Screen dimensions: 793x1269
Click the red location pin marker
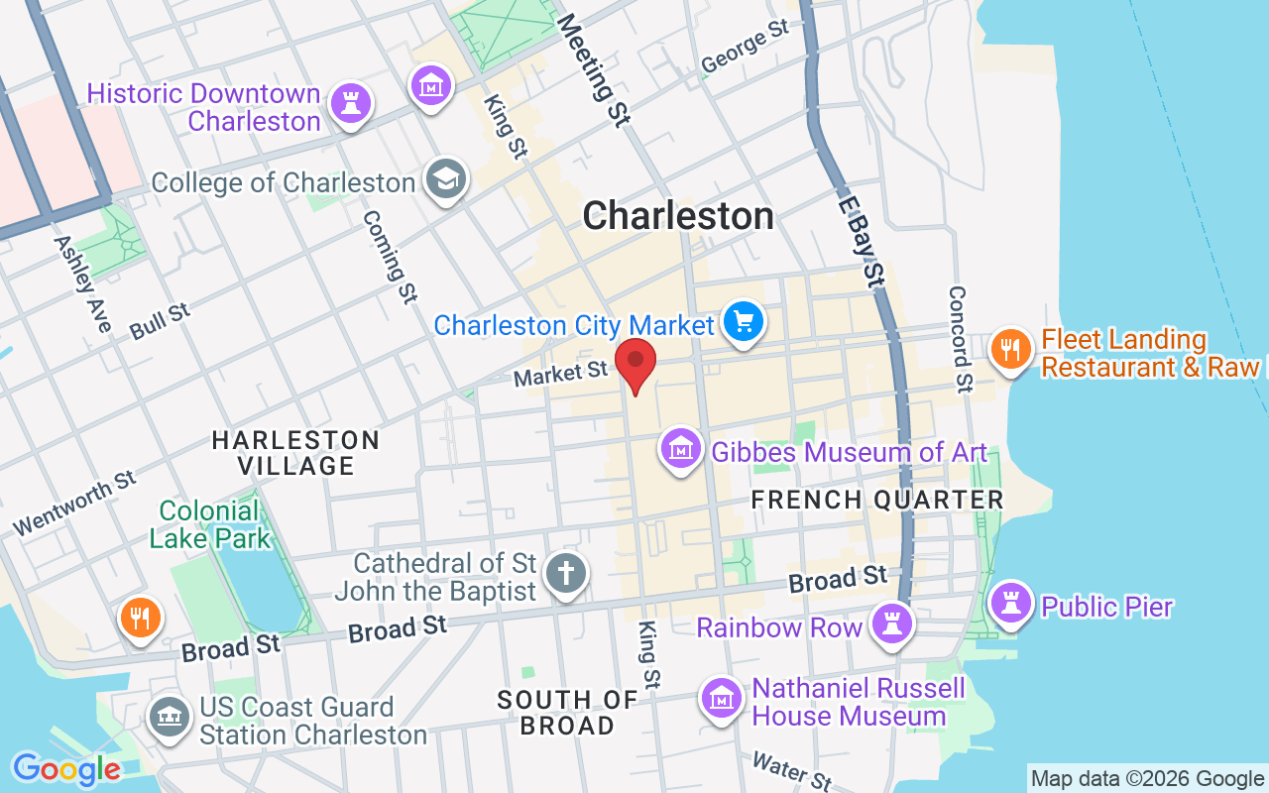[x=635, y=363]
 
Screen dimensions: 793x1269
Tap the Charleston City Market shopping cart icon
[x=743, y=322]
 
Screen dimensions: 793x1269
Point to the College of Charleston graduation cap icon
[x=446, y=180]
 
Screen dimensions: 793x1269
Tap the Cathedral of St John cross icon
[x=566, y=574]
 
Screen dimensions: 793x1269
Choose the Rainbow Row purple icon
[x=891, y=623]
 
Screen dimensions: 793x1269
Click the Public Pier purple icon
[x=1010, y=604]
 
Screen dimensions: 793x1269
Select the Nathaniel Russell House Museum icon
[x=721, y=699]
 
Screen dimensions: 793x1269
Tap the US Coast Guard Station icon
[x=169, y=717]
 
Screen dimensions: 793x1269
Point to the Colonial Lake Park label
[x=209, y=524]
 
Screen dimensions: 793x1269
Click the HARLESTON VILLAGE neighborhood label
[x=295, y=452]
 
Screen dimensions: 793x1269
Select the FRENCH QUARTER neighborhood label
[x=877, y=500]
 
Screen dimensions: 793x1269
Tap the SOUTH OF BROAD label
[x=567, y=713]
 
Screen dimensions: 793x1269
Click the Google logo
[x=66, y=768]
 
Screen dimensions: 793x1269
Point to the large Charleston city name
[x=678, y=216]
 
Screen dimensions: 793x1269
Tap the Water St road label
[x=791, y=771]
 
